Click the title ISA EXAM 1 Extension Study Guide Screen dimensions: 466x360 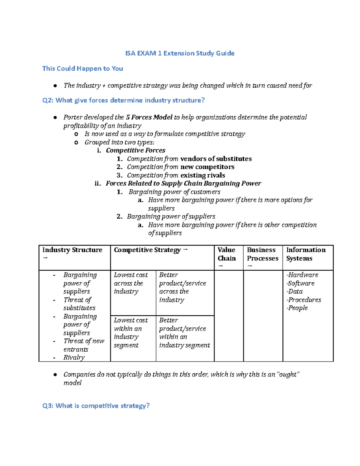tap(180, 53)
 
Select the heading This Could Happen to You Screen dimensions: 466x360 tap(82, 69)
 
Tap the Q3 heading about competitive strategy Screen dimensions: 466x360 tap(96, 406)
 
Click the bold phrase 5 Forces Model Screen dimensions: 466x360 tap(149, 117)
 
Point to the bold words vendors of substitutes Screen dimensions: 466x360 tap(216, 159)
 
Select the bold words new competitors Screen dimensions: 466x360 tap(207, 167)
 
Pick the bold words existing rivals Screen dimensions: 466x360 tap(202, 175)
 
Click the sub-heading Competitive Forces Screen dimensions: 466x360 tap(135, 150)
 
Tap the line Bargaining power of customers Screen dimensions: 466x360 tap(174, 192)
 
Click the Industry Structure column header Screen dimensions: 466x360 tap(72, 250)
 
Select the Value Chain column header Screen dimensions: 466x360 tap(226, 254)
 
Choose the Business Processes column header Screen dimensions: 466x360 tap(262, 254)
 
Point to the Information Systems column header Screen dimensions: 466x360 tap(305, 254)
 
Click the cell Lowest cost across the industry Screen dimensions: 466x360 tap(131, 283)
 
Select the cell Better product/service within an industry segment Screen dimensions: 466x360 tap(184, 333)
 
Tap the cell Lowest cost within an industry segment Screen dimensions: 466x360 tap(131, 333)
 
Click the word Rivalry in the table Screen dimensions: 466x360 tap(74, 357)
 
